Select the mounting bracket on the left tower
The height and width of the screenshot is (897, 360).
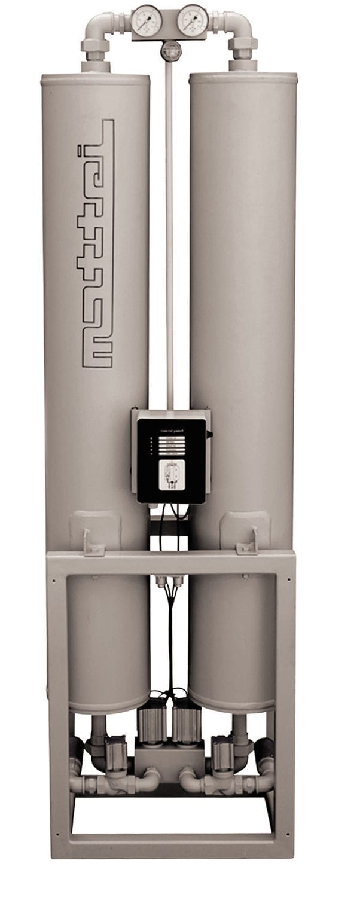94,542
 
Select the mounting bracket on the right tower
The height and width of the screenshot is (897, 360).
247,542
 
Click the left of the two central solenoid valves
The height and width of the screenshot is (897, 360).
152,725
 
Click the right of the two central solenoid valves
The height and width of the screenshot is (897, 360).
188,725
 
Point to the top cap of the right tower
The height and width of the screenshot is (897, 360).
243,78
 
